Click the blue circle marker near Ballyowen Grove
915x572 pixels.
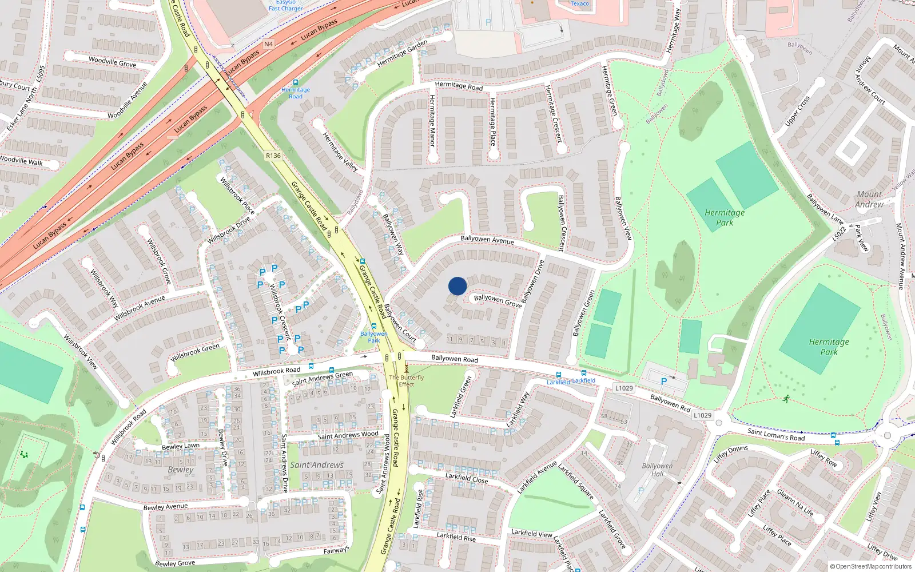[x=457, y=286]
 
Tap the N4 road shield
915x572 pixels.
[x=268, y=44]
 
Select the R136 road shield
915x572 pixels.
[x=273, y=156]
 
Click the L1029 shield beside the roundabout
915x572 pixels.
[x=702, y=415]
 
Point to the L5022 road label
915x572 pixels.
[x=839, y=233]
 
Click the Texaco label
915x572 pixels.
[x=579, y=3]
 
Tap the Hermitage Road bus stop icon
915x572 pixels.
[x=295, y=83]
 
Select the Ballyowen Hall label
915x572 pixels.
[x=657, y=470]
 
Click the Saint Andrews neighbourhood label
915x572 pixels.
[x=317, y=465]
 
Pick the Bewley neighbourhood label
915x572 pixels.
[x=181, y=470]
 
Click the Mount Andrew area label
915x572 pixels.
[x=869, y=199]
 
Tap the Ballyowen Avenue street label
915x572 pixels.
[x=487, y=240]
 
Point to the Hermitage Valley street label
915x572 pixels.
[x=340, y=152]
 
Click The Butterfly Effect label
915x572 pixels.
[x=407, y=381]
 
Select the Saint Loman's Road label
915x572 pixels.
[x=776, y=434]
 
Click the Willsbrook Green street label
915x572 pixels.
[x=195, y=352]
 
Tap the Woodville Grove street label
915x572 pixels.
[x=112, y=62]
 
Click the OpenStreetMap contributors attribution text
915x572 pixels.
[x=870, y=567]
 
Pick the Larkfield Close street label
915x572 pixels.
[x=467, y=478]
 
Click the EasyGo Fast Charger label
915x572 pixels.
[x=286, y=6]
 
